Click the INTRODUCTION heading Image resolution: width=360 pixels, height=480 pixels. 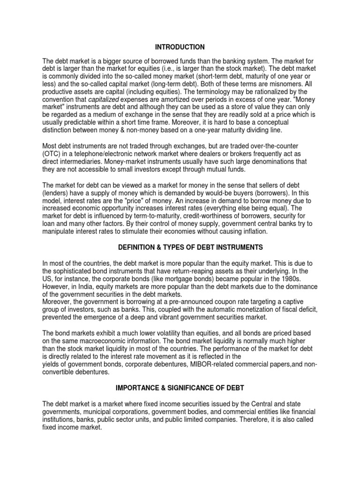(180, 47)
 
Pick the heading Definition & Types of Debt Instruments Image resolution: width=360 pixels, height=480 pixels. (180, 247)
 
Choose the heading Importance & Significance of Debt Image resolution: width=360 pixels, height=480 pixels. (180, 388)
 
